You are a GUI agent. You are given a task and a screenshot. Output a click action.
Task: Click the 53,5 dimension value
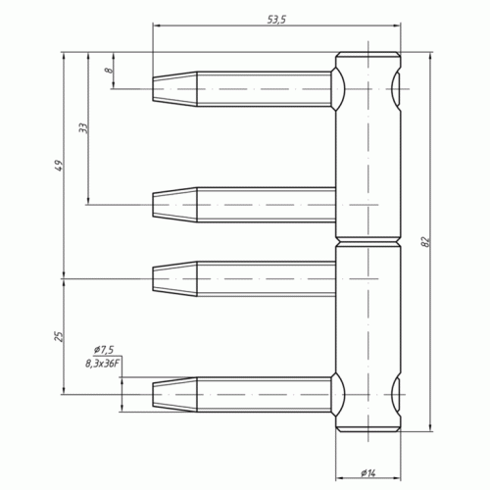click(x=276, y=20)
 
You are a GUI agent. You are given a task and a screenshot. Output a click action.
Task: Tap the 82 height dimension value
click(x=425, y=242)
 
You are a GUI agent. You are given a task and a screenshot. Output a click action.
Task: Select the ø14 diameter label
click(x=368, y=472)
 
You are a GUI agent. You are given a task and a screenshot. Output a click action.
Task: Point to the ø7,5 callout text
click(x=104, y=350)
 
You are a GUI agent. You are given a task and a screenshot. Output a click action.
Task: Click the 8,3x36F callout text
click(x=101, y=364)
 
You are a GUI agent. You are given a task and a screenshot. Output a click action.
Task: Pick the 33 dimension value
click(x=83, y=127)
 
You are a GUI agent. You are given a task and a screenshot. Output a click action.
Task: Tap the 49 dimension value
click(x=59, y=166)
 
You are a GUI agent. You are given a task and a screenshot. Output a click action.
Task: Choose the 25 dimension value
click(x=59, y=336)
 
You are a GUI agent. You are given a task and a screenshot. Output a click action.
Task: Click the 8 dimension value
click(x=109, y=70)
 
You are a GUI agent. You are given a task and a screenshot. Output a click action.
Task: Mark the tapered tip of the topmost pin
click(x=174, y=89)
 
